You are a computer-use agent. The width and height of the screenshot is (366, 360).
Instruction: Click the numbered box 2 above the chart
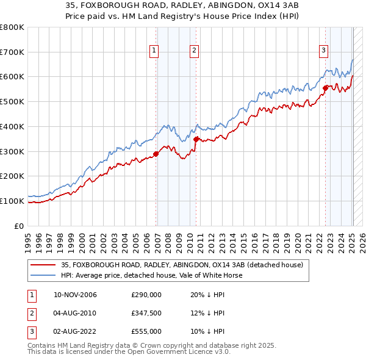coord(193,51)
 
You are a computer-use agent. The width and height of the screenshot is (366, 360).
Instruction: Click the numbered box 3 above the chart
coord(323,51)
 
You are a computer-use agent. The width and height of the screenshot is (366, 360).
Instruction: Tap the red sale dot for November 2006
coord(156,154)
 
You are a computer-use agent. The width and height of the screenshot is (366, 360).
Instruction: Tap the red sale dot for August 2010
coord(196,139)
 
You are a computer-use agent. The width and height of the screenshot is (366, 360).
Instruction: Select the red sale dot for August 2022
coord(325,88)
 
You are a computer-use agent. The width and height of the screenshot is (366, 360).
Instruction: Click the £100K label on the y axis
coord(12,201)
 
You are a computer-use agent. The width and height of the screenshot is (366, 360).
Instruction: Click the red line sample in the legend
coord(43,265)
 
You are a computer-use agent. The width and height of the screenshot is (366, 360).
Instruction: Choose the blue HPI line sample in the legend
coord(43,275)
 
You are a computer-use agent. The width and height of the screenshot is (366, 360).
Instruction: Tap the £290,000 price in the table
coord(146,295)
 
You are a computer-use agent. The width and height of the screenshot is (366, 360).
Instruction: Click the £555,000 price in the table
coord(146,331)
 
